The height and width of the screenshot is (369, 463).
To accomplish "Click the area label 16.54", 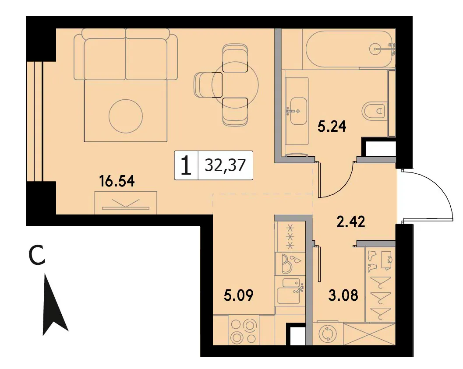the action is [117, 181].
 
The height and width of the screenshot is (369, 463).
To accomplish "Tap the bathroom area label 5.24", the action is [332, 127].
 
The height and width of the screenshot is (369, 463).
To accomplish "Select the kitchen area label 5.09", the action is [239, 295].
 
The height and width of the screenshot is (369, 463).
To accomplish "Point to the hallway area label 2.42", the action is [351, 221].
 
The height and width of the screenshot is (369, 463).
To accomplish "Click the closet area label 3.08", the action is [343, 295].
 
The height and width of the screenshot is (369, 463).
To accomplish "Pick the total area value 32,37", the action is [225, 165].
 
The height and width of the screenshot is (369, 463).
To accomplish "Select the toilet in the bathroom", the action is [374, 111].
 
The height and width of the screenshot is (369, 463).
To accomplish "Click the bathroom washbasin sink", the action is [299, 111].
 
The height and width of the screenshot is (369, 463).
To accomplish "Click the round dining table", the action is [235, 85].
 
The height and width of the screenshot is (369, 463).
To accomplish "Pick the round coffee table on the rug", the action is [126, 116].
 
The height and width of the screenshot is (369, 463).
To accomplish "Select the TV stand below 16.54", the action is [126, 203].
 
